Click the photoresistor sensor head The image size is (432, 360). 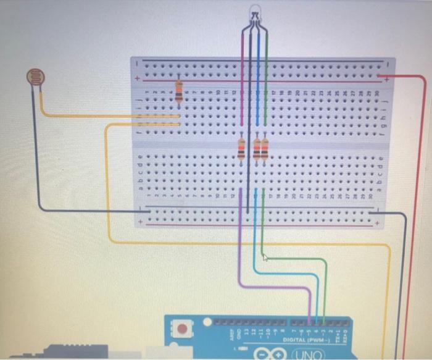pos(36,77)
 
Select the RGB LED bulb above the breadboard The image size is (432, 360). pos(254,14)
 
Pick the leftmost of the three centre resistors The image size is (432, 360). pos(241,149)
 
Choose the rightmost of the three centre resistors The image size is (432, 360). pos(265,149)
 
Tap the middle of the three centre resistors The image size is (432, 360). pos(256,149)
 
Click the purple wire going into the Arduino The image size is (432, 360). pos(240,259)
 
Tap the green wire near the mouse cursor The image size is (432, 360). pos(290,259)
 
